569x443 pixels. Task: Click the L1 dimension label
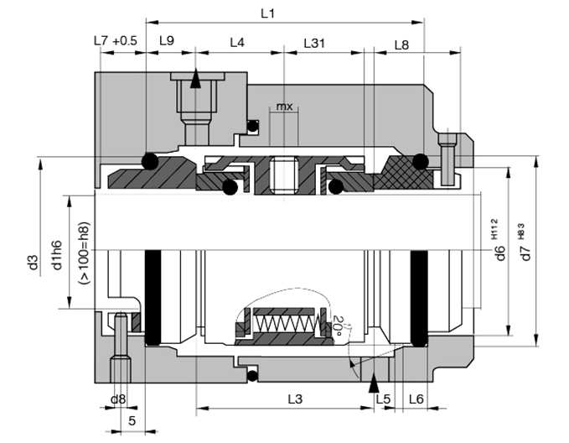[x=268, y=14]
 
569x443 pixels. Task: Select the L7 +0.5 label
[x=114, y=41]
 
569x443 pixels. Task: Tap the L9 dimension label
[x=166, y=41]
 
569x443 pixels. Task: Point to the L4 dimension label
[x=237, y=41]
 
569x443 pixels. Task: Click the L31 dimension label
[x=315, y=41]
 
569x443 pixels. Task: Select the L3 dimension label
[x=294, y=399]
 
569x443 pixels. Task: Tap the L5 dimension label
[x=383, y=399]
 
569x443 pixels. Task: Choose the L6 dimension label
[x=416, y=399]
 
